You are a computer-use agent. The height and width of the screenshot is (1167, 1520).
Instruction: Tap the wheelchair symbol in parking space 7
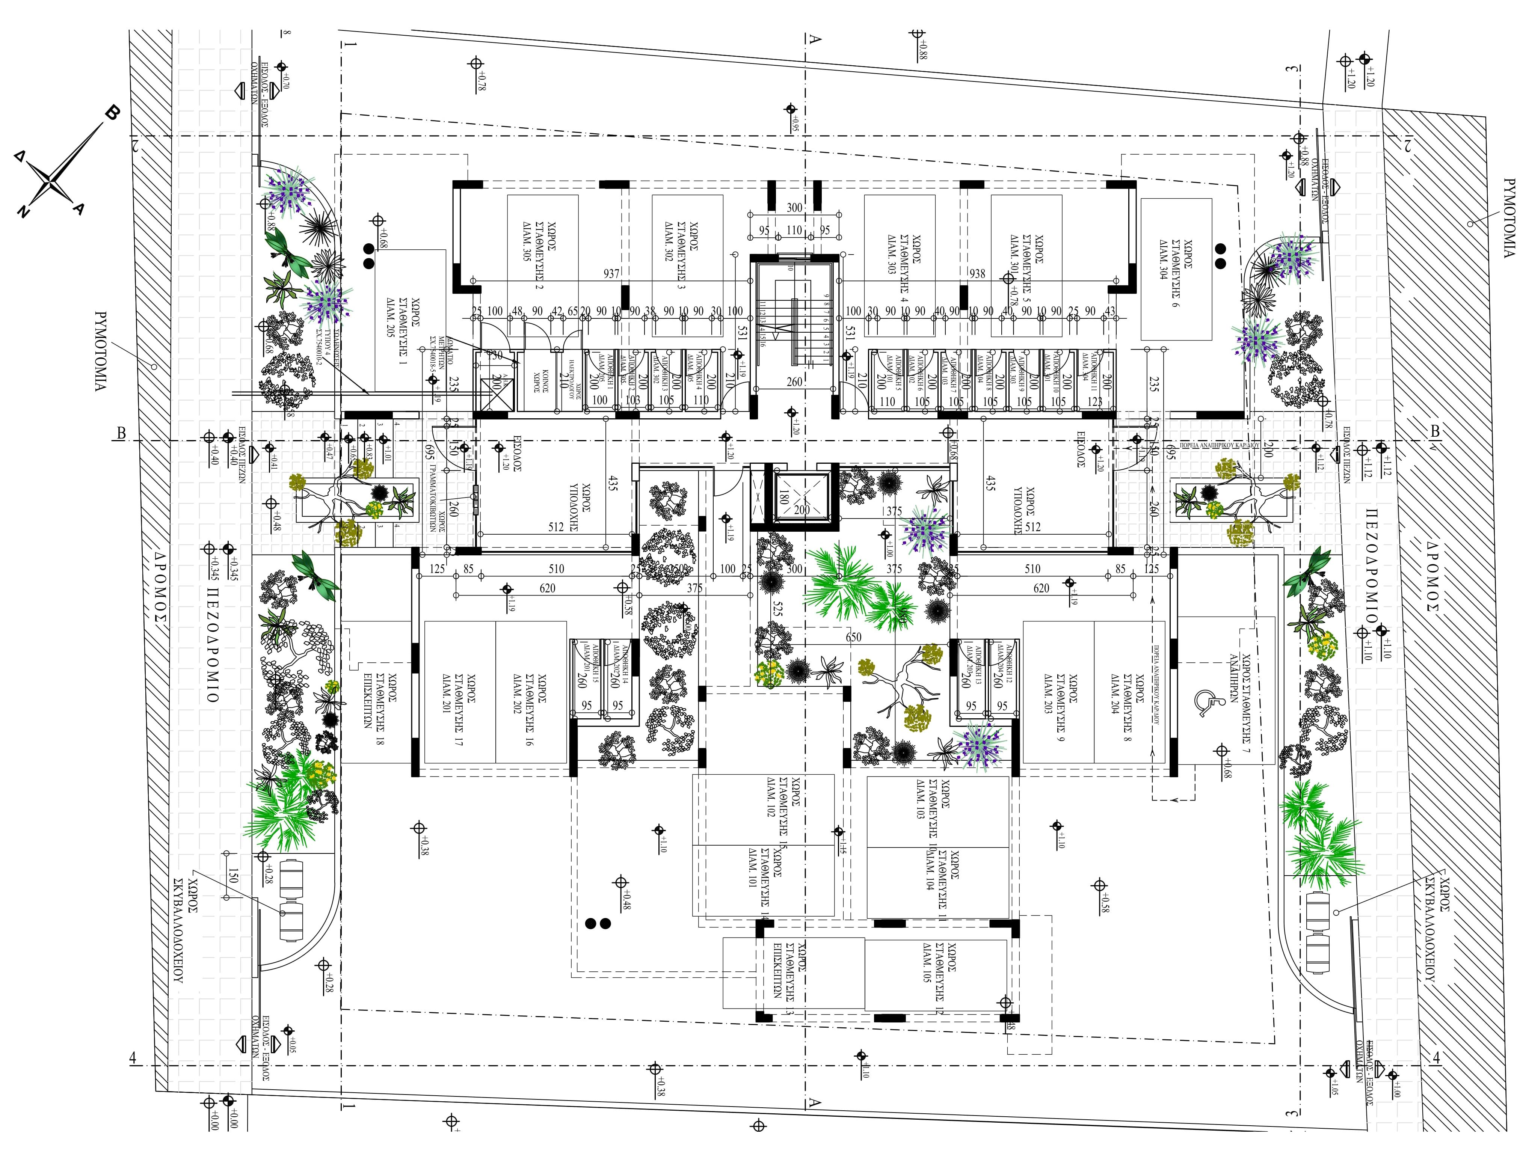[x=1204, y=702]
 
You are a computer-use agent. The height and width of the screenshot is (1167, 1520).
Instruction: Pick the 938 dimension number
[x=977, y=274]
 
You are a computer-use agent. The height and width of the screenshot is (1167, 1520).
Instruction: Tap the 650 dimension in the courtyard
[x=853, y=637]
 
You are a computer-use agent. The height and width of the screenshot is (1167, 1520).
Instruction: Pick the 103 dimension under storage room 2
[x=632, y=401]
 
